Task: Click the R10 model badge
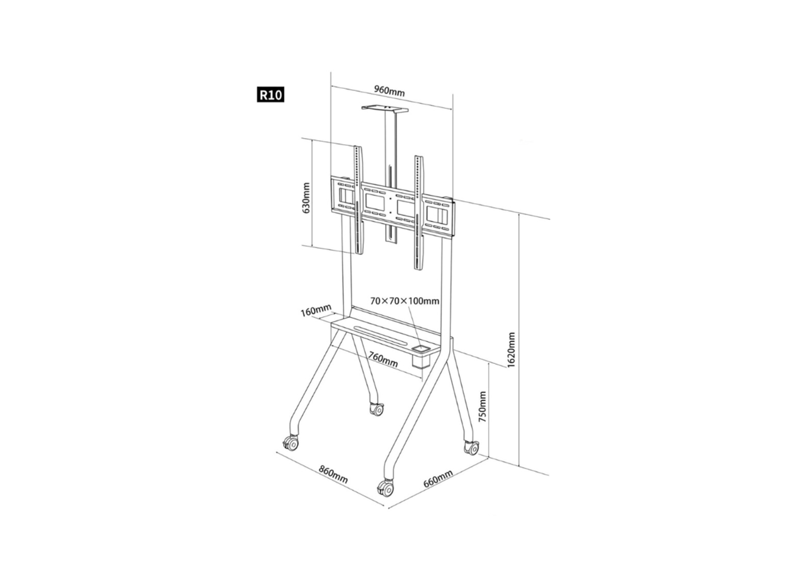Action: [x=271, y=95]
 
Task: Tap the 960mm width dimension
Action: [x=390, y=91]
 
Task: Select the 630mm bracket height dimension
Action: [x=306, y=198]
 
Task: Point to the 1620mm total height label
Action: [x=511, y=350]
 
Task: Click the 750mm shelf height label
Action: [x=482, y=407]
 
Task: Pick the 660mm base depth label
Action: [x=438, y=479]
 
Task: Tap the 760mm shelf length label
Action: [x=383, y=360]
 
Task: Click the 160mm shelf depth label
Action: [x=316, y=310]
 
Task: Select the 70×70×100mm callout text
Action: [x=405, y=301]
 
